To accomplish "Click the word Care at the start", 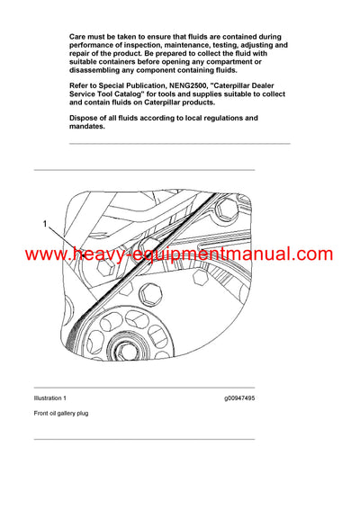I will tap(78, 34).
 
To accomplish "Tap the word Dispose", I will tap(87, 118).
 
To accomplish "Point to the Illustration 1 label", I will tap(49, 397).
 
